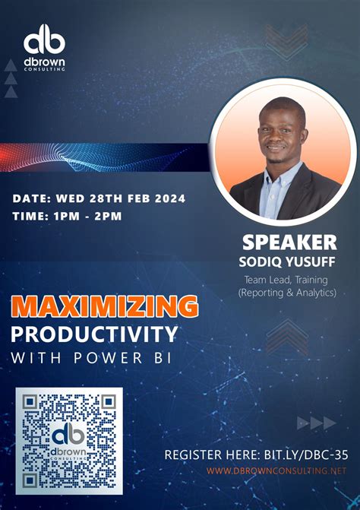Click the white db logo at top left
click(x=44, y=39)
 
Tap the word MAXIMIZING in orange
click(x=105, y=306)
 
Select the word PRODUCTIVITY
click(x=95, y=334)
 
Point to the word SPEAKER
click(x=289, y=242)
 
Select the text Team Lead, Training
click(x=286, y=279)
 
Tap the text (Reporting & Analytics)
click(x=286, y=292)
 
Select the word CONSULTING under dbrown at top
click(x=44, y=68)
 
